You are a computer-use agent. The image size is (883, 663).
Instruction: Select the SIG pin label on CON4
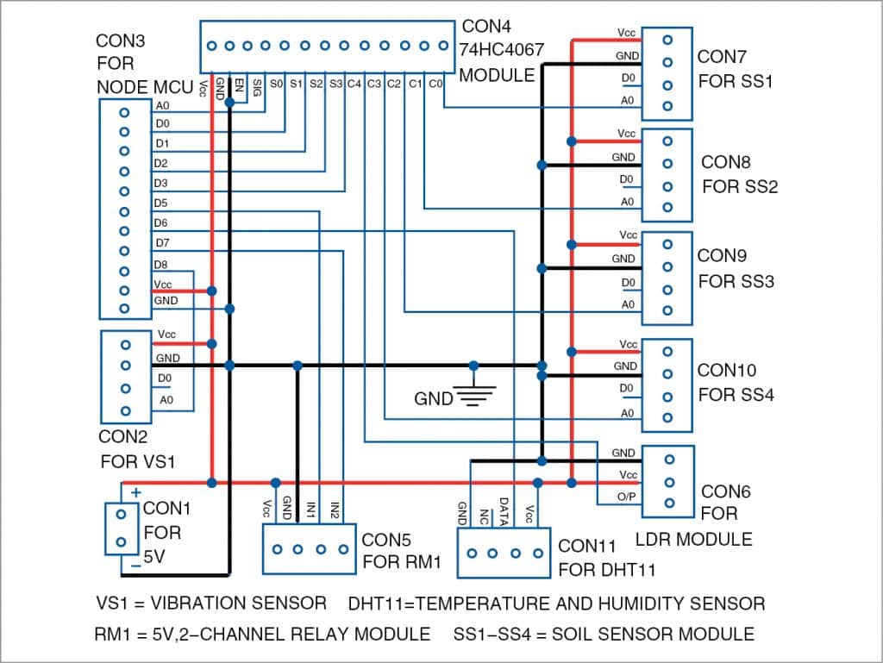(x=256, y=86)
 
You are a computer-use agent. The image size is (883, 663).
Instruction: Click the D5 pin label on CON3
(x=161, y=203)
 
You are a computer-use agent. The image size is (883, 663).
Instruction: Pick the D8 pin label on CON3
(x=161, y=264)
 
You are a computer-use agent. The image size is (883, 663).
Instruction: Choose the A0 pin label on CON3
(x=162, y=106)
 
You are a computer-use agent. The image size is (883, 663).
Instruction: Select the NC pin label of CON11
(x=485, y=515)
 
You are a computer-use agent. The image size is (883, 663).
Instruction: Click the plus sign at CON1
(x=135, y=492)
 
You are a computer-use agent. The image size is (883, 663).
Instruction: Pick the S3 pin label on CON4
(x=335, y=84)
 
